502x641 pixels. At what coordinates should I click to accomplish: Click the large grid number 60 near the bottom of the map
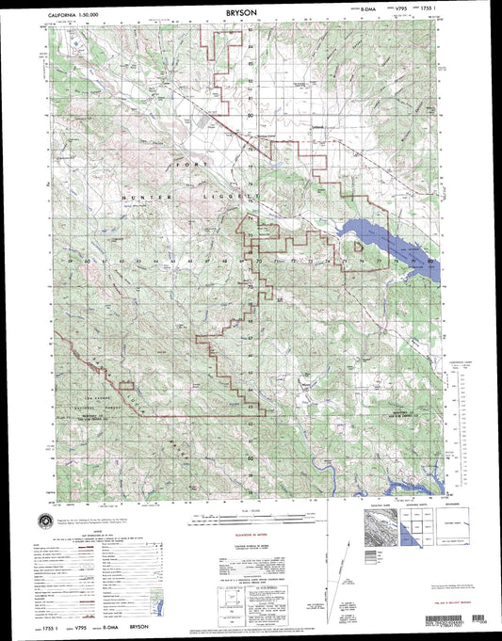tap(251, 457)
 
